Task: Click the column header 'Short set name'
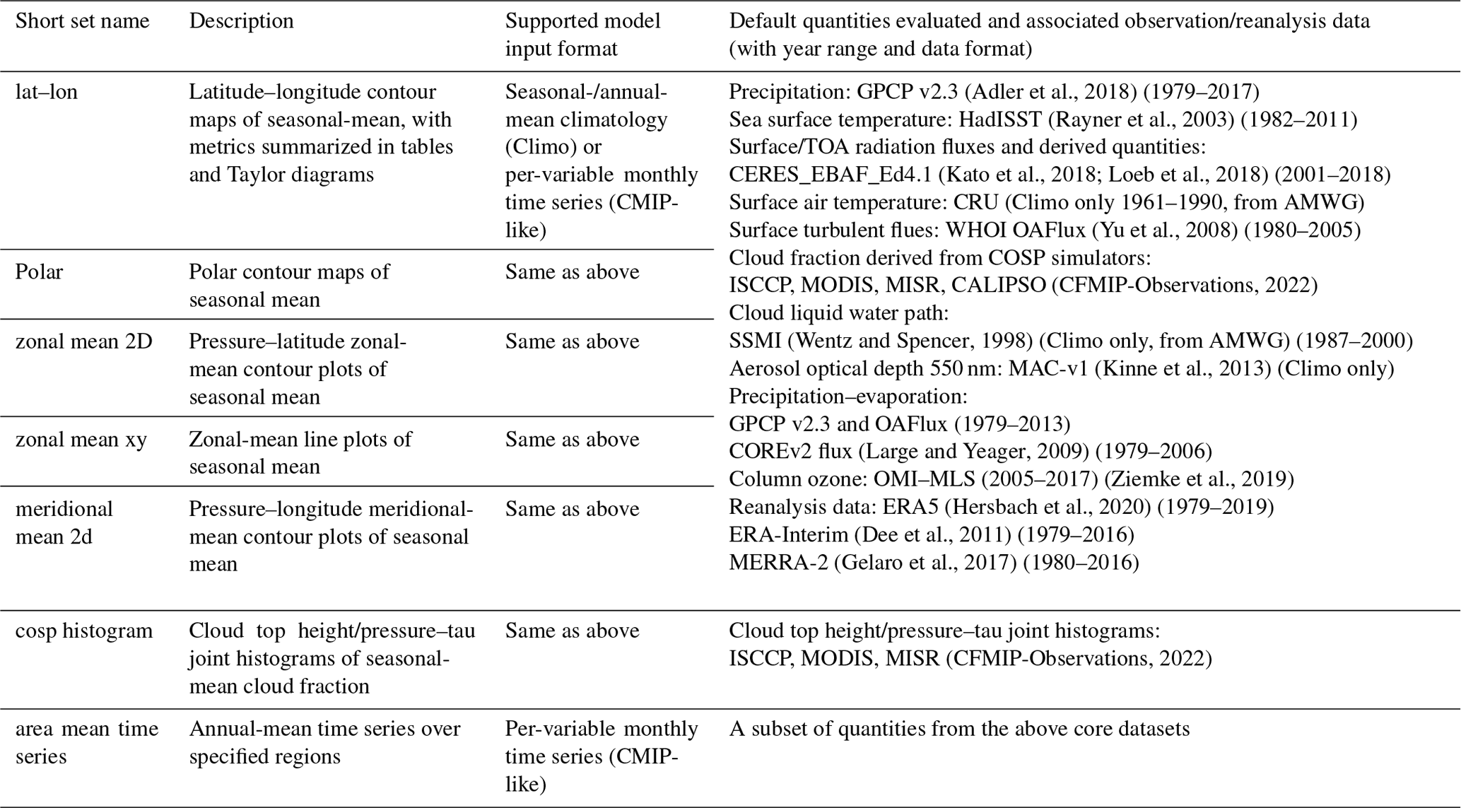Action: pyautogui.click(x=82, y=21)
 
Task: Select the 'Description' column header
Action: pyautogui.click(x=241, y=21)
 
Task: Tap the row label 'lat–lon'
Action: pyautogui.click(x=47, y=92)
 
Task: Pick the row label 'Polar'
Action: pyautogui.click(x=39, y=272)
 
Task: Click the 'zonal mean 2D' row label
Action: pyautogui.click(x=83, y=341)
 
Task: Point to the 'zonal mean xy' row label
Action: pyautogui.click(x=81, y=440)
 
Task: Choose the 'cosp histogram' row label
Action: pyautogui.click(x=83, y=631)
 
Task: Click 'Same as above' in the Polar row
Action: pyautogui.click(x=572, y=272)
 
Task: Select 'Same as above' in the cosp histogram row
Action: pyautogui.click(x=572, y=631)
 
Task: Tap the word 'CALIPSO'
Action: pyautogui.click(x=998, y=286)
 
